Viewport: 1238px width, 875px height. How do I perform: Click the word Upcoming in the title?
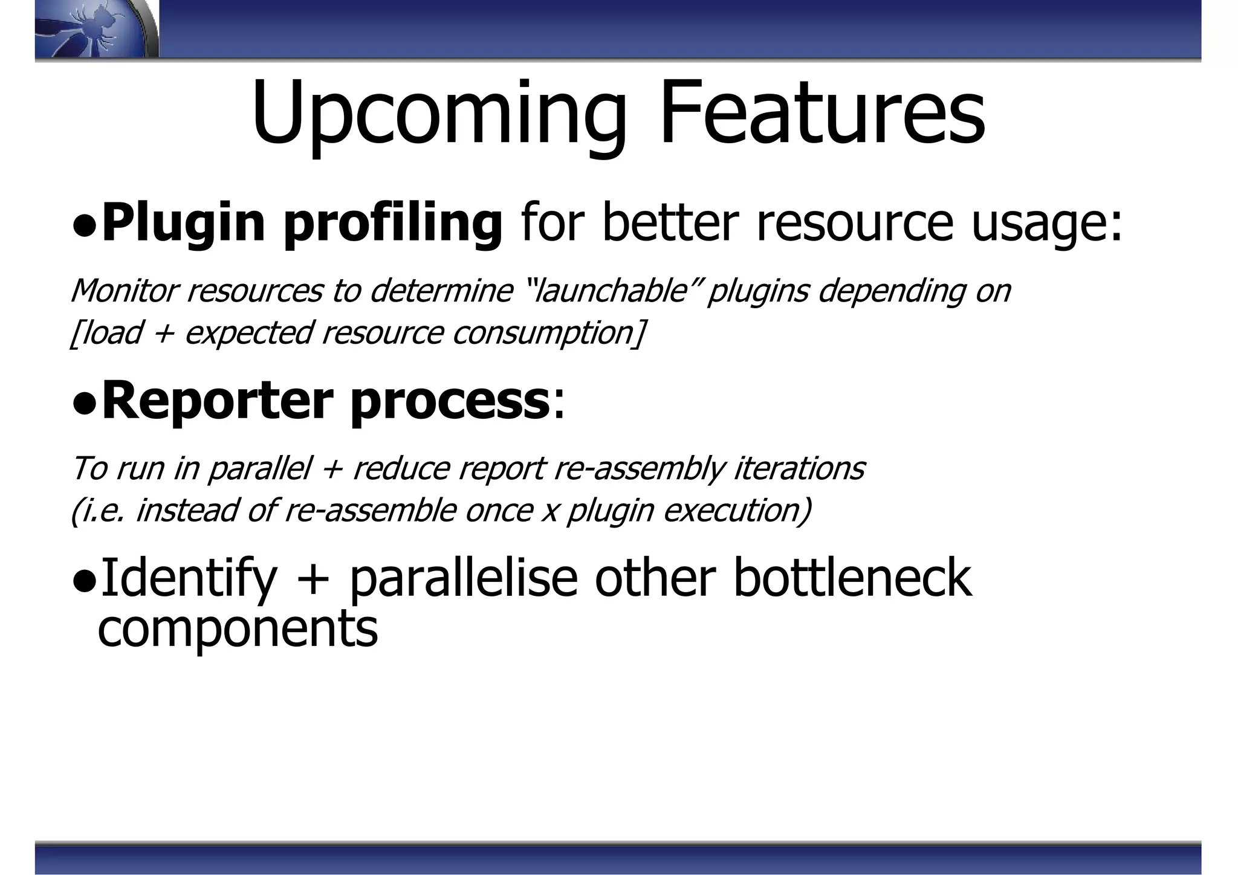438,115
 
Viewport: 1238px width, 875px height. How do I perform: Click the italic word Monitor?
123,291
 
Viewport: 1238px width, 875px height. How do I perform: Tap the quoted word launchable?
613,291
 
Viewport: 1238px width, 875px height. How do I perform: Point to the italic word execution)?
737,511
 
